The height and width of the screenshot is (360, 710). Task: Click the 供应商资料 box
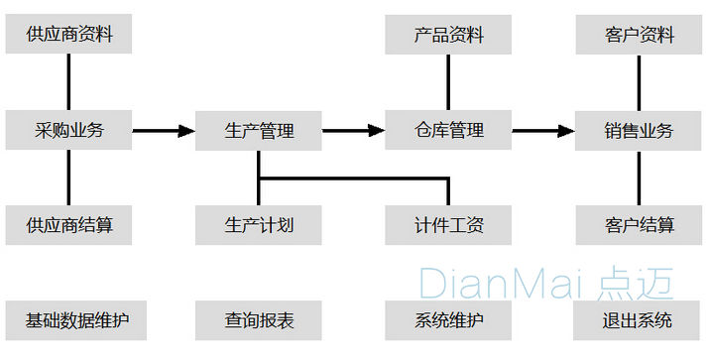tap(68, 35)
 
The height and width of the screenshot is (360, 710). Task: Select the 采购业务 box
tap(68, 130)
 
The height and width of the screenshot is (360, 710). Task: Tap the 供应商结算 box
tap(68, 225)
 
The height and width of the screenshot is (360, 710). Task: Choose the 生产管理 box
tap(259, 130)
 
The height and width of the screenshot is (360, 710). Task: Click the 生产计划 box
tap(259, 225)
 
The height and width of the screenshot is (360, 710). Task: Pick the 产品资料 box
tap(449, 35)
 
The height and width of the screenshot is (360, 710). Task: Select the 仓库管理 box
tap(449, 130)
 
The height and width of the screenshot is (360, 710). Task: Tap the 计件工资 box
tap(449, 225)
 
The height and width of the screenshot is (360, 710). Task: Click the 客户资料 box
tap(639, 35)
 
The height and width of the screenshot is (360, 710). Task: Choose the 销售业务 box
tap(639, 130)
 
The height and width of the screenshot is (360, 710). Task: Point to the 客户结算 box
tap(639, 225)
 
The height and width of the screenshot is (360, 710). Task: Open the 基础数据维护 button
tap(68, 320)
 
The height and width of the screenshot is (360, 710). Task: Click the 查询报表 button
tap(259, 320)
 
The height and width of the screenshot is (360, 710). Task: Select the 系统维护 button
tap(449, 320)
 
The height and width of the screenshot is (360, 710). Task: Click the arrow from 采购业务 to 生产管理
tap(164, 130)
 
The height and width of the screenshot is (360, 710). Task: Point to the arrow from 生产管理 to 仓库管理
tap(354, 130)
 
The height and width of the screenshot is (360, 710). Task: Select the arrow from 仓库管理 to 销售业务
tap(544, 130)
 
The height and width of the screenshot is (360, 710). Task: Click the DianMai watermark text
tap(545, 283)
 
